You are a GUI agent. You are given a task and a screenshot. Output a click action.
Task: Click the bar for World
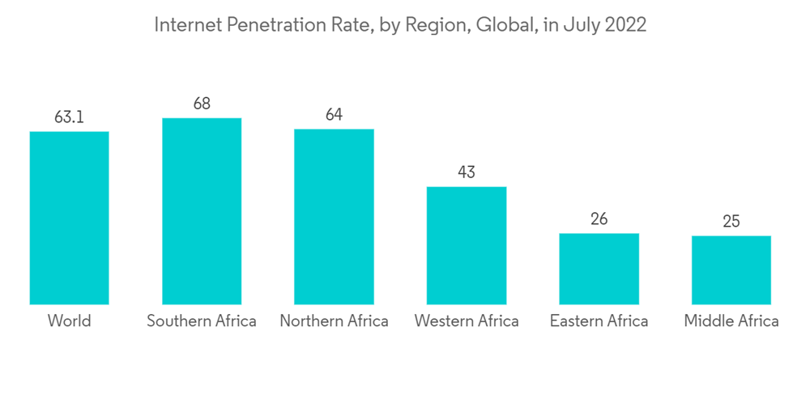[x=69, y=218]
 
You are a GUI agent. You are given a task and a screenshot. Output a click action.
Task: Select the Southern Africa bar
[x=202, y=211]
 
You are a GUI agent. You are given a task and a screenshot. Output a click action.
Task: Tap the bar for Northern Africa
[x=334, y=216]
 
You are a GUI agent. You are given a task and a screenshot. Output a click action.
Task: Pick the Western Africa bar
[x=467, y=245]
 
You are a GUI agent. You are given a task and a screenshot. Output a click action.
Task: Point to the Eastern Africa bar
[x=599, y=269]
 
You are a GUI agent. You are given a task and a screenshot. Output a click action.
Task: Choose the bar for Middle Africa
[x=731, y=270]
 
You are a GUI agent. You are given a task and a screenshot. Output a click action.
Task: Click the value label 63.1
[x=69, y=117]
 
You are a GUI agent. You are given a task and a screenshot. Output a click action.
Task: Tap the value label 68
[x=202, y=104]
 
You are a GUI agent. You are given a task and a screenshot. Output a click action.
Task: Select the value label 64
[x=334, y=115]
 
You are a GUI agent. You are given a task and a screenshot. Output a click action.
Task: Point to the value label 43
[x=467, y=172]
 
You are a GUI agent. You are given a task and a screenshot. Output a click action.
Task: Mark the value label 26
[x=599, y=219]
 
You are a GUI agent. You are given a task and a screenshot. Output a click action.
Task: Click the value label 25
[x=731, y=222]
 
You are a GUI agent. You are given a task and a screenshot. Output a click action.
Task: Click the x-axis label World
[x=69, y=321]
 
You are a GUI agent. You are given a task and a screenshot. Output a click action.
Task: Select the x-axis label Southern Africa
[x=202, y=321]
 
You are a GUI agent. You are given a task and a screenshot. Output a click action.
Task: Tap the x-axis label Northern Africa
[x=334, y=321]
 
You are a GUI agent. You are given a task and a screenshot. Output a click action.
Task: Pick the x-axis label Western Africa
[x=467, y=321]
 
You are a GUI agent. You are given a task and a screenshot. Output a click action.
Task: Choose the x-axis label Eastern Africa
[x=599, y=321]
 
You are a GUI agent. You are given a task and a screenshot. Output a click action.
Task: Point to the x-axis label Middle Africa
[x=731, y=321]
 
